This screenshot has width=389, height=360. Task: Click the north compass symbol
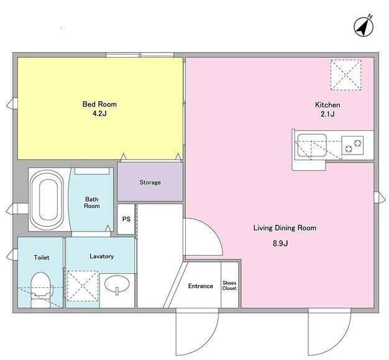(364, 27)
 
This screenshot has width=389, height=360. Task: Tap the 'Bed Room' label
(99, 104)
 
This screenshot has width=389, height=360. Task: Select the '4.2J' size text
(99, 114)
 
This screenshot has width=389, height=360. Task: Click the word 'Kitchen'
(327, 105)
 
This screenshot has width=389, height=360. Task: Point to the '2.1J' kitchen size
(327, 114)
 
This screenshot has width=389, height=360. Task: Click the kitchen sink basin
(311, 145)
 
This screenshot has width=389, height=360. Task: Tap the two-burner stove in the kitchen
(352, 145)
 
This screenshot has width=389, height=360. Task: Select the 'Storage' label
(150, 182)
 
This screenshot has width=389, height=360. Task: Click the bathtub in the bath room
(47, 200)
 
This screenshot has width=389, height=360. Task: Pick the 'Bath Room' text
(92, 202)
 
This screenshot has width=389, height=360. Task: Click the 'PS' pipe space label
(126, 219)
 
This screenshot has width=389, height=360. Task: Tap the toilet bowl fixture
(41, 290)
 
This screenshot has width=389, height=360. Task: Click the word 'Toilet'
(42, 258)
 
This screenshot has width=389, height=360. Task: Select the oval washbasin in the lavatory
(117, 284)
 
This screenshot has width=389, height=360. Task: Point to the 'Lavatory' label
(102, 256)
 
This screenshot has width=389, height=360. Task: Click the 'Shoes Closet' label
(229, 286)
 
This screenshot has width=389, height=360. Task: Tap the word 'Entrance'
(201, 286)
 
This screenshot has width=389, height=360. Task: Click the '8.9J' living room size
(280, 243)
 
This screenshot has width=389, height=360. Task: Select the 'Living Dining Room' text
(285, 228)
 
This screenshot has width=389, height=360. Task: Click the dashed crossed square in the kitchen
(346, 75)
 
